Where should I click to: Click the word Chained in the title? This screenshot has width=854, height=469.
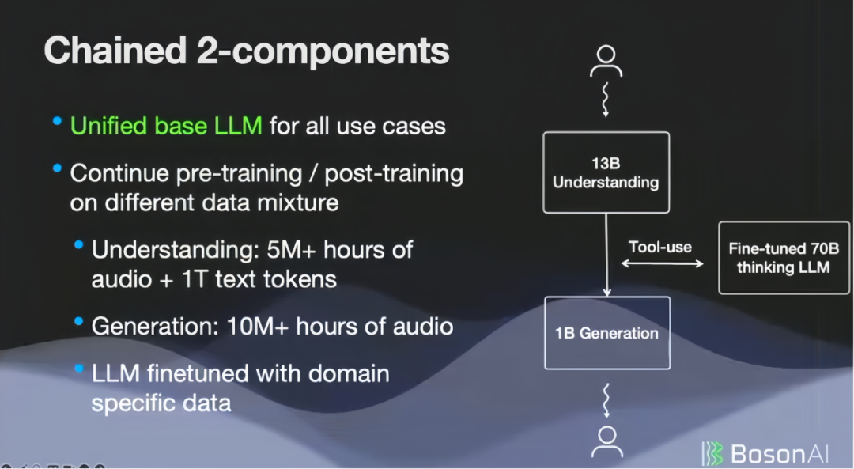(115, 51)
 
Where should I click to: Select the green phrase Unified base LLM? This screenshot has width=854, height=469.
(166, 126)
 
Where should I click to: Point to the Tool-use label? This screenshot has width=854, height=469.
(660, 248)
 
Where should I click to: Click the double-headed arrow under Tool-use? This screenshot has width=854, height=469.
(663, 263)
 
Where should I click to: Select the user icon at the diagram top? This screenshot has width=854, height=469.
(606, 61)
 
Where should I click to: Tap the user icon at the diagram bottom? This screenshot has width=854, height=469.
(607, 442)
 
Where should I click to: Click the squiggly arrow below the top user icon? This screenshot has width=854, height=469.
(605, 100)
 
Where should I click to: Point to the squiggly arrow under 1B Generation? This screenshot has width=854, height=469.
(606, 400)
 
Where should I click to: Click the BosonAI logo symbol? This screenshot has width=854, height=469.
(712, 454)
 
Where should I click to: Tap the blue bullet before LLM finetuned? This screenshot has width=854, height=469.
(79, 369)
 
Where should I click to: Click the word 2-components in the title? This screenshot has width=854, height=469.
(323, 51)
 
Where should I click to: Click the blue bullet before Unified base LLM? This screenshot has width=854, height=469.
(57, 121)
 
